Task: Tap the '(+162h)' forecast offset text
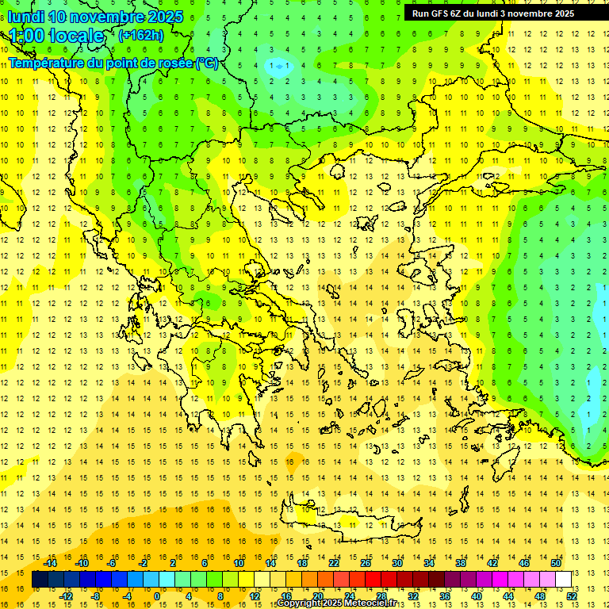pos(140,35)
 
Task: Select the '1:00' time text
pos(26,36)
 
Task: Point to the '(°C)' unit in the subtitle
pos(206,63)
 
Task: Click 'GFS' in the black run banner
pos(439,13)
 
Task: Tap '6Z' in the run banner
pos(458,13)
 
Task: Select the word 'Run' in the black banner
pos(421,13)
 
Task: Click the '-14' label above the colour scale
pos(50,562)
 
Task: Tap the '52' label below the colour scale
pos(572,596)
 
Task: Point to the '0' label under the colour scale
pos(157,596)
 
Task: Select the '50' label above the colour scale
pos(555,562)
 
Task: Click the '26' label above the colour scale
pos(365,562)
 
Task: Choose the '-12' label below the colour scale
pos(66,596)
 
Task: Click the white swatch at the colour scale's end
pos(563,579)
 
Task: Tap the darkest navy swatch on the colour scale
pos(40,579)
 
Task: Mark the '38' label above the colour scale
pos(460,562)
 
